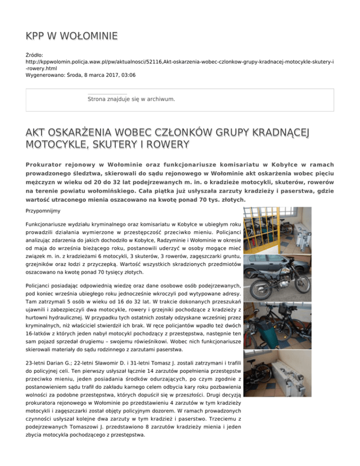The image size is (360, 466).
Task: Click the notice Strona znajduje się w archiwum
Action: point(131,99)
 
